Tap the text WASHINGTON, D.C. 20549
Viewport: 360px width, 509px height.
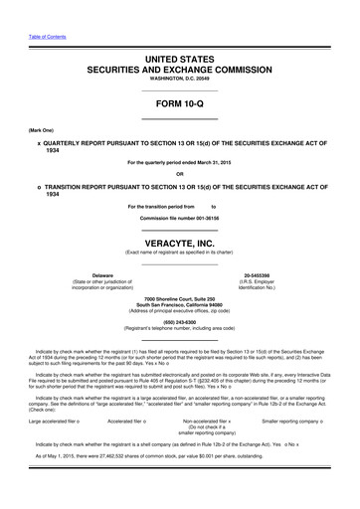click(x=179, y=80)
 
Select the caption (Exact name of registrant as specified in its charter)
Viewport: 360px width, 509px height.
click(x=179, y=253)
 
